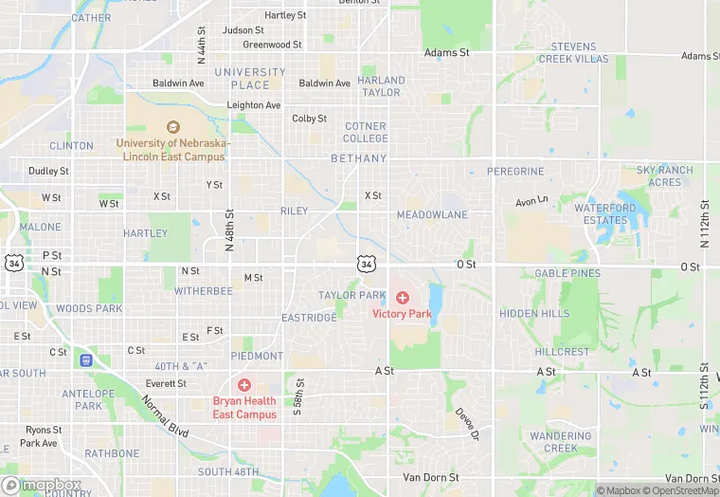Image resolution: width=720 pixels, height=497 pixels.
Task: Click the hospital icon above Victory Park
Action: point(403,298)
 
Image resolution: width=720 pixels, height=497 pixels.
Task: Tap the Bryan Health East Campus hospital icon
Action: point(244,385)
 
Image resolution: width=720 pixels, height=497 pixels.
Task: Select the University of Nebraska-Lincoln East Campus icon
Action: point(172,127)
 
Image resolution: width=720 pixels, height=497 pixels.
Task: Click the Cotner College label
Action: point(365,132)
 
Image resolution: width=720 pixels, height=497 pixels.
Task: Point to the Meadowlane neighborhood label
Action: point(432,215)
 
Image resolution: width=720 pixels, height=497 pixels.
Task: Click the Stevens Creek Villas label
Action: point(573,52)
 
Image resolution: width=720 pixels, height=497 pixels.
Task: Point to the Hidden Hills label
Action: point(534,314)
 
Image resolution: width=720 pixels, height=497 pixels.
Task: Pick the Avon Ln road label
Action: point(531,201)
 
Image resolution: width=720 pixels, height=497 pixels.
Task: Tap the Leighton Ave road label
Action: point(254,105)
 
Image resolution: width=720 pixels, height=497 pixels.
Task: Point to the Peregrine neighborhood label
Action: point(515,172)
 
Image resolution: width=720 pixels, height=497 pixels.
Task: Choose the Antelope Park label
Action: point(88,399)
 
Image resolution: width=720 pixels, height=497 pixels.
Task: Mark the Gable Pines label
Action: point(567,273)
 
